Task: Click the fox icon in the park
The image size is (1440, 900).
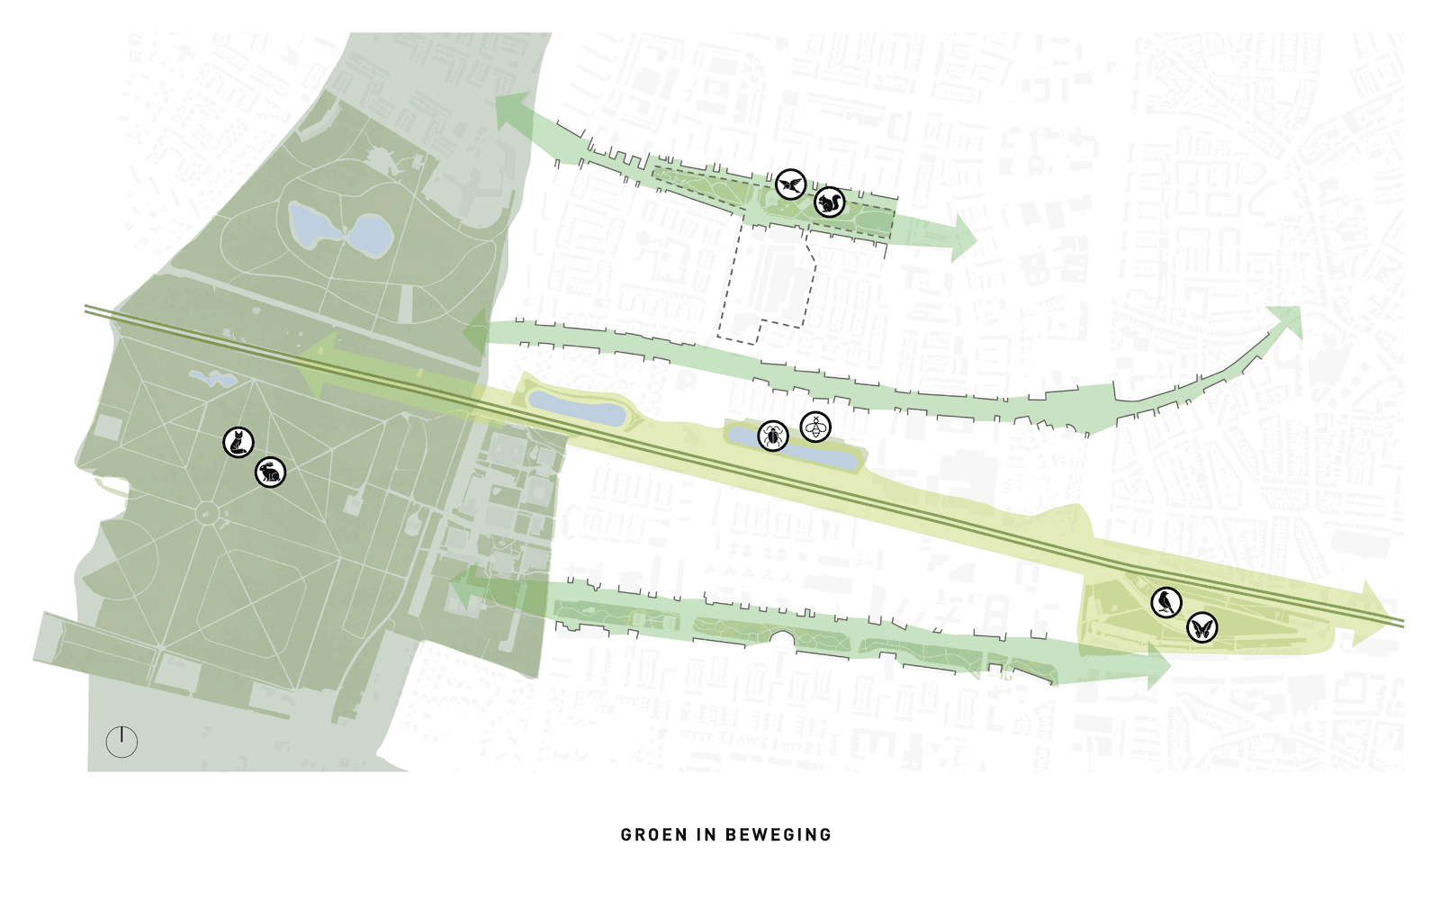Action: click(238, 442)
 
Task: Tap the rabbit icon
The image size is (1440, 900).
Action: click(271, 472)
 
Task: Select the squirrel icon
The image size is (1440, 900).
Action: click(829, 202)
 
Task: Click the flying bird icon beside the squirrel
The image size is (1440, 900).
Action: click(791, 184)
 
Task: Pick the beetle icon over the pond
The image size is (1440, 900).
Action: click(772, 436)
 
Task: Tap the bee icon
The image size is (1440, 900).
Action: click(815, 427)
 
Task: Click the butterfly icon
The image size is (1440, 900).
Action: click(1201, 627)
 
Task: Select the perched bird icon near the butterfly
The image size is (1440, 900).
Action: click(1166, 602)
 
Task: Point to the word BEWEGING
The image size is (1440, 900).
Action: click(778, 835)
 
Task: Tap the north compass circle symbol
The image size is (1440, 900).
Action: click(121, 742)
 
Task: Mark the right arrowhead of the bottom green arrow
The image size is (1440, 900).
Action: click(1157, 667)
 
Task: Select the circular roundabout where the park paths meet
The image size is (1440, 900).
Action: click(208, 513)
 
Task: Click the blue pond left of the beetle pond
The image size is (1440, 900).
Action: click(576, 409)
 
